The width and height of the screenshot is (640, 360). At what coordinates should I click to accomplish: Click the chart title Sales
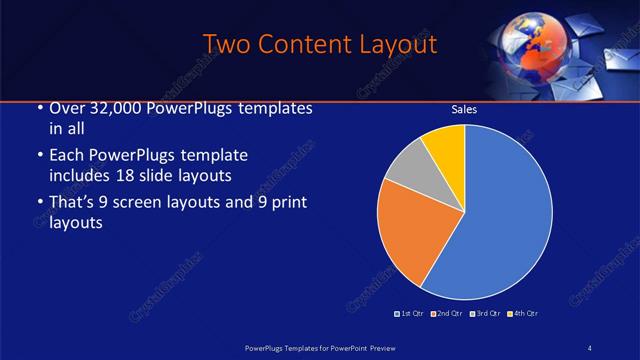(x=463, y=109)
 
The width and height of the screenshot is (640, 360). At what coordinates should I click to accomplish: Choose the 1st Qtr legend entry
(x=410, y=314)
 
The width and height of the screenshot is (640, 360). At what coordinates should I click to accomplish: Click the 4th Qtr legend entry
(x=522, y=314)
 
